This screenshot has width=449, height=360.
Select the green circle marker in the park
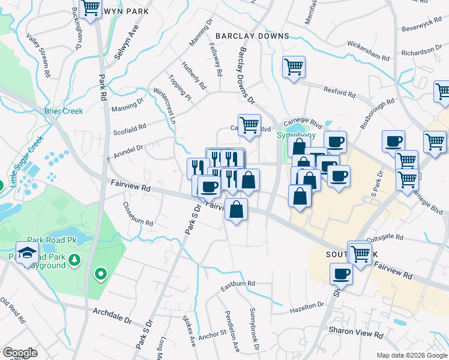tap(101, 275)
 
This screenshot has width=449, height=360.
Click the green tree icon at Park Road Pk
tap(74, 260)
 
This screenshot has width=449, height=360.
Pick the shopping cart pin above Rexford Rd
tap(294, 67)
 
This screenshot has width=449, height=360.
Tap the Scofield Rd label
tap(130, 127)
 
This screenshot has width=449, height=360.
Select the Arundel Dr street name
tap(126, 148)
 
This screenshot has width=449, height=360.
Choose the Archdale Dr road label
tap(112, 314)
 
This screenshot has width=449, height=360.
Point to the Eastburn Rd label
tap(238, 283)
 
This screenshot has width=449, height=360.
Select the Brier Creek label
tap(64, 110)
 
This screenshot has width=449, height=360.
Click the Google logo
tap(20, 352)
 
